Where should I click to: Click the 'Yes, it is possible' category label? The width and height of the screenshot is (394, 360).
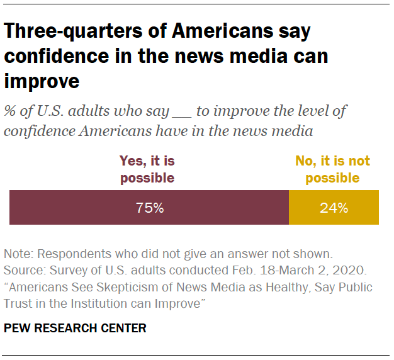click(147, 169)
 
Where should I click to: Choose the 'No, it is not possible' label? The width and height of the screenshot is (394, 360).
click(333, 169)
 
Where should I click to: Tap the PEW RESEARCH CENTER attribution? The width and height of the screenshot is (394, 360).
click(75, 328)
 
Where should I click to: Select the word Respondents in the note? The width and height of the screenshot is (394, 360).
click(72, 255)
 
